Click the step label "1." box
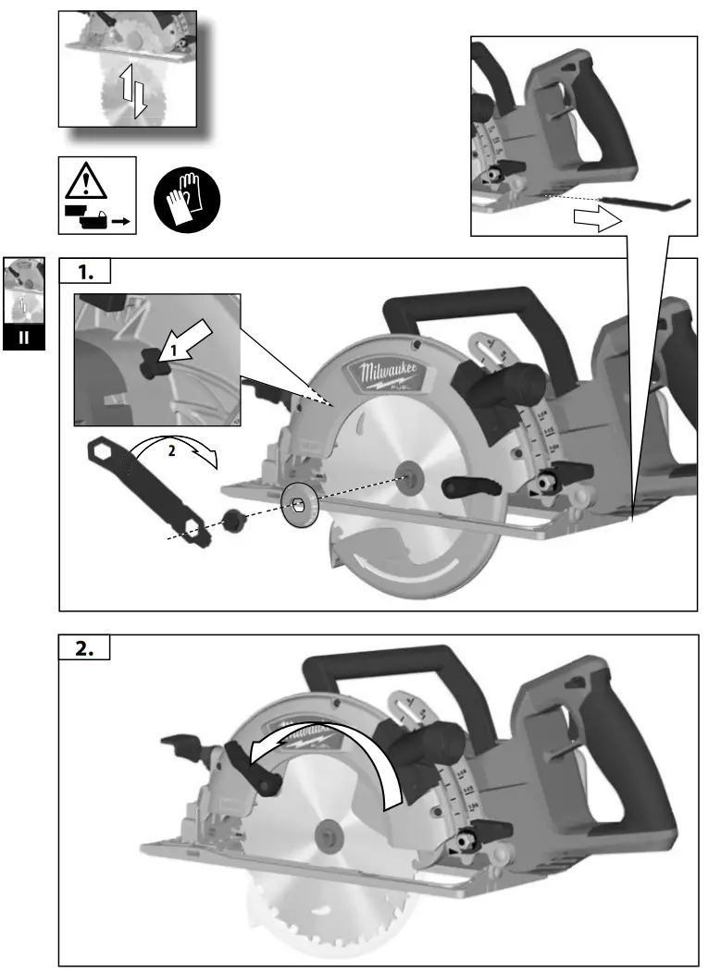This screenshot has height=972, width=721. pos(84,272)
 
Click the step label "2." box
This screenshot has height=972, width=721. pos(84,648)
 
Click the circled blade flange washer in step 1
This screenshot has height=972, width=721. pos(299,504)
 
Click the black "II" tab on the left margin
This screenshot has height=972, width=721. pos(24,338)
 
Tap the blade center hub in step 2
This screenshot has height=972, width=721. pos(327,832)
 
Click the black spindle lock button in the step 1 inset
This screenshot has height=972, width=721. pos(150,366)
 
